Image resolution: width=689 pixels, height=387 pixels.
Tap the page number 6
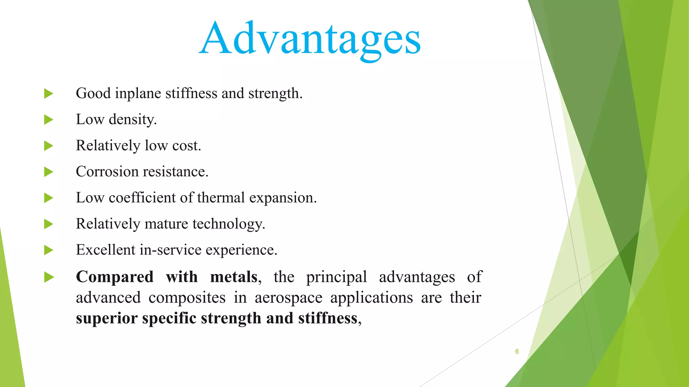[517, 351]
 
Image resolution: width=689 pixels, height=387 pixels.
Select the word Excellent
[105, 250]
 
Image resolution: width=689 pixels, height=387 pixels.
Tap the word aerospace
[288, 298]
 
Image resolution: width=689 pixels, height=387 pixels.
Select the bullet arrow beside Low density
[49, 120]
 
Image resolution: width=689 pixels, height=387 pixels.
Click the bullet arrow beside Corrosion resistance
[49, 172]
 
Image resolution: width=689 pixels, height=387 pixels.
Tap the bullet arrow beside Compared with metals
[49, 277]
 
